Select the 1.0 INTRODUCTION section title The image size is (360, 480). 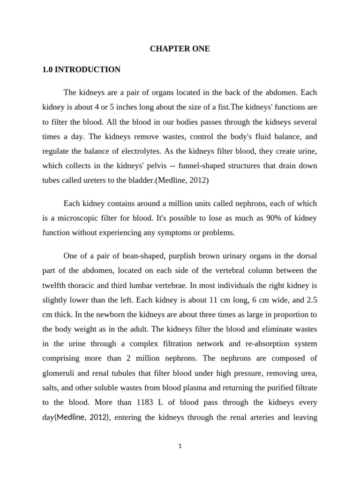point(81,70)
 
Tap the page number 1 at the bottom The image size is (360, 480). point(180,447)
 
